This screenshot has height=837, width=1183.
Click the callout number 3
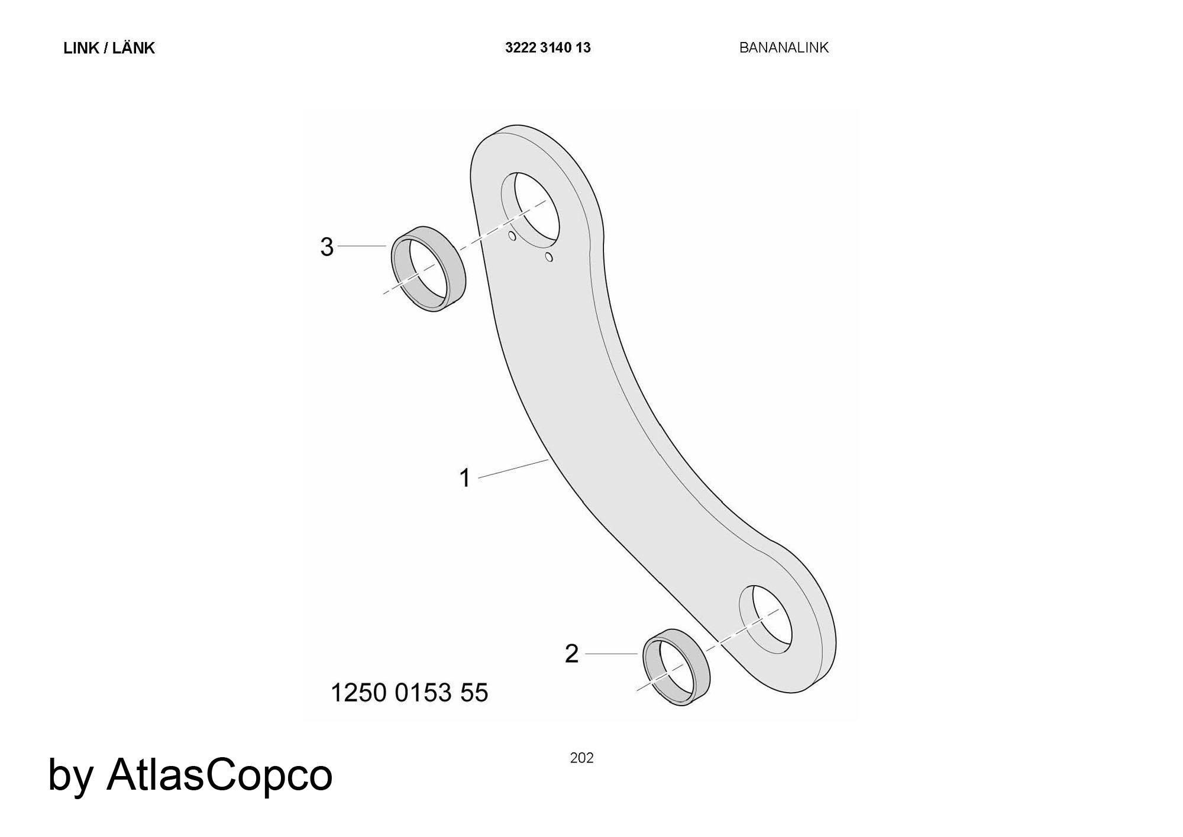[x=327, y=247]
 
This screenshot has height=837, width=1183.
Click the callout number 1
[x=465, y=478]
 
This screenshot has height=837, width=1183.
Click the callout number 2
[x=571, y=654]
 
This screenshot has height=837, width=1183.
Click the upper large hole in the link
[x=535, y=208]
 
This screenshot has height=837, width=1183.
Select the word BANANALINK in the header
[x=784, y=48]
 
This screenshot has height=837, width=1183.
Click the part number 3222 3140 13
[x=548, y=48]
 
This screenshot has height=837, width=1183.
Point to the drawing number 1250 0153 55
[x=409, y=693]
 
